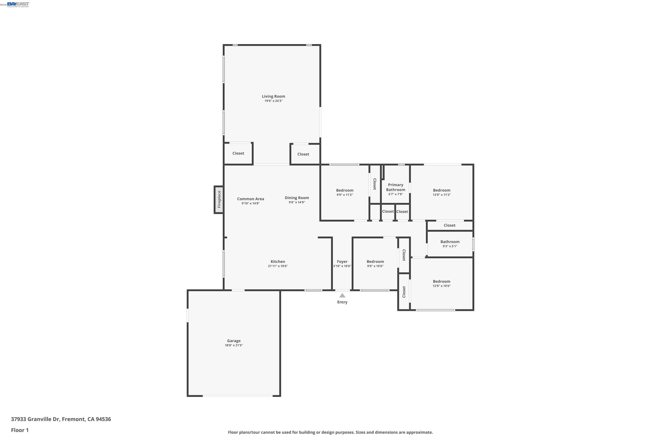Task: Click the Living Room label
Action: (x=273, y=96)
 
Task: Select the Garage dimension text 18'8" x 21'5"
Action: (x=234, y=345)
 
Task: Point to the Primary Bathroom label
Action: (x=395, y=187)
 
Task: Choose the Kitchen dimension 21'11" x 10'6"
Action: (x=278, y=266)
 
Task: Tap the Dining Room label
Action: (x=297, y=198)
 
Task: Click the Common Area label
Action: (x=250, y=199)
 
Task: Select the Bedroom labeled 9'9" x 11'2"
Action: (x=345, y=191)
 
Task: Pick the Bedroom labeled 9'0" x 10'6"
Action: (x=375, y=262)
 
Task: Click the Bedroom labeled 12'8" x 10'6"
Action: (x=441, y=282)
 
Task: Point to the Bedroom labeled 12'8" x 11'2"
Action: (x=441, y=191)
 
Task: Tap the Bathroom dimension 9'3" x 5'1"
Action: (x=450, y=246)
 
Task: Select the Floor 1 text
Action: (x=20, y=430)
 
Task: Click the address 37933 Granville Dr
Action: (x=35, y=419)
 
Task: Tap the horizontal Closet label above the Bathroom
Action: (x=449, y=225)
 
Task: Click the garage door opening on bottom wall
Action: (x=238, y=396)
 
